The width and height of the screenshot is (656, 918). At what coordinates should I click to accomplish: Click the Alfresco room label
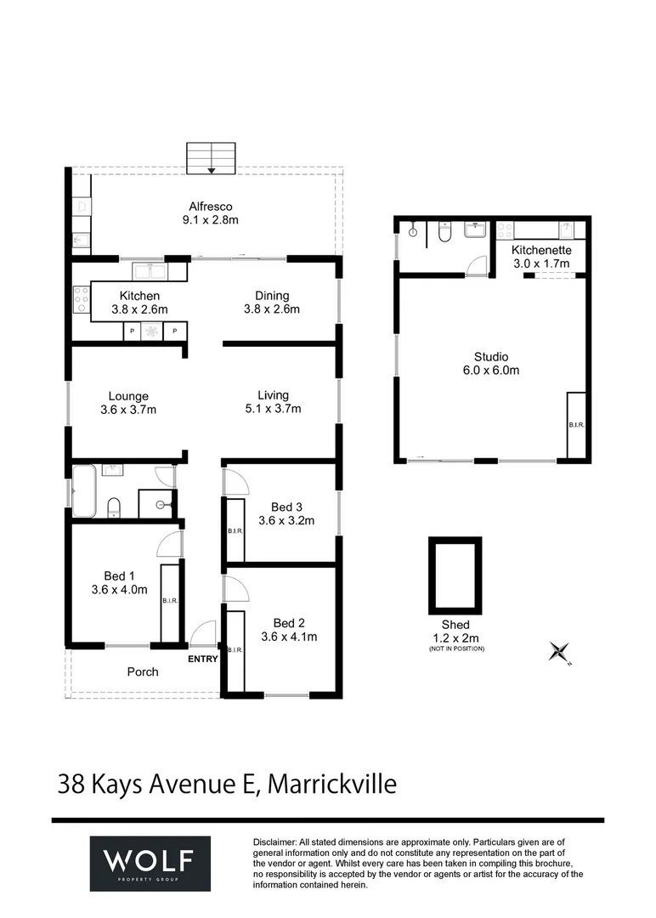click(x=210, y=213)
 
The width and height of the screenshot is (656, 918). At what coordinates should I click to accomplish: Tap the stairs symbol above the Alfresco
click(x=211, y=158)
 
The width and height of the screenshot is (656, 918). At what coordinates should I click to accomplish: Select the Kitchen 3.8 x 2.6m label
click(x=140, y=303)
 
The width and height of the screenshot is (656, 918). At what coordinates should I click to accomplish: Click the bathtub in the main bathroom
click(x=83, y=491)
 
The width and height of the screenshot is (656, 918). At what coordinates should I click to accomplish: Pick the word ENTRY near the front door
click(x=202, y=660)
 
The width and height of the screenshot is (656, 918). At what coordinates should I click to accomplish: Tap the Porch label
click(x=143, y=672)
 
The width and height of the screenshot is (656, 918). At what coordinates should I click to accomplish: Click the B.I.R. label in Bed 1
click(x=170, y=601)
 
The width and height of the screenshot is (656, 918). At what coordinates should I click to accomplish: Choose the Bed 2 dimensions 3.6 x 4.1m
click(x=289, y=637)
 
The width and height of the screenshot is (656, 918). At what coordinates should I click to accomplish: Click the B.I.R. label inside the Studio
click(x=576, y=424)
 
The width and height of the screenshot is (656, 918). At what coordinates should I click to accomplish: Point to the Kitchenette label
click(x=541, y=250)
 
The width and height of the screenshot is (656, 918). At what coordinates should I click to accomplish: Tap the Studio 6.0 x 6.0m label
click(x=491, y=364)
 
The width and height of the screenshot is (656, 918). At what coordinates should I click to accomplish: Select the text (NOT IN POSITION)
click(x=456, y=649)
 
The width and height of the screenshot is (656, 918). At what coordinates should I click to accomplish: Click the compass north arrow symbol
click(x=559, y=652)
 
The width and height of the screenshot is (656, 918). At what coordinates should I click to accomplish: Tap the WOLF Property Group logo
click(x=150, y=864)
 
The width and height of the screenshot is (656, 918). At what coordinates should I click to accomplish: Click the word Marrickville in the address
click(x=331, y=784)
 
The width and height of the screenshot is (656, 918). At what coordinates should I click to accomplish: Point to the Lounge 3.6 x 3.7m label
click(x=128, y=403)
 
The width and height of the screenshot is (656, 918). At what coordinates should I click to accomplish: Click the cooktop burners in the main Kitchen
click(x=82, y=300)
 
